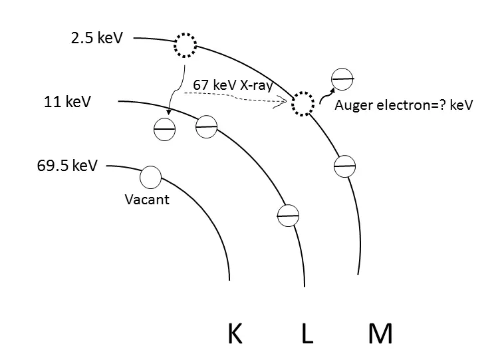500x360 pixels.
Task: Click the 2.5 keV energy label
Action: click(x=97, y=38)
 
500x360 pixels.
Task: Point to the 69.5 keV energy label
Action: click(x=67, y=164)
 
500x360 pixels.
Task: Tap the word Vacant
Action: click(x=147, y=199)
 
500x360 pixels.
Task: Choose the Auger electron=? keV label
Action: click(x=404, y=104)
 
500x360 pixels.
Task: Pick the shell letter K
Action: click(x=234, y=333)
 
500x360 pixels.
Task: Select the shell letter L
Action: click(x=307, y=333)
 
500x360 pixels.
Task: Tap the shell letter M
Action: click(x=380, y=333)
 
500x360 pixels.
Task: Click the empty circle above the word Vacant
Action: click(x=151, y=177)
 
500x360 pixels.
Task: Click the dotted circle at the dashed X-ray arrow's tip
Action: click(x=303, y=104)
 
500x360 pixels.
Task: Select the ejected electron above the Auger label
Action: click(x=342, y=79)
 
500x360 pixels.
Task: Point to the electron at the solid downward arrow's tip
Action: click(x=164, y=128)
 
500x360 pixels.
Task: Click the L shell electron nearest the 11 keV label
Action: click(x=207, y=126)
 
